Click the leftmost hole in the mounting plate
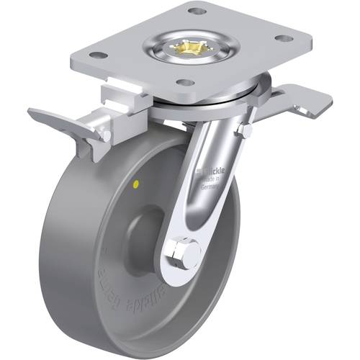tap(100, 55)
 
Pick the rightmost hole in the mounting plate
tap(285, 37)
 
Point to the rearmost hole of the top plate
tap(194, 11)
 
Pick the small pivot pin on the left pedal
tap(107, 134)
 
